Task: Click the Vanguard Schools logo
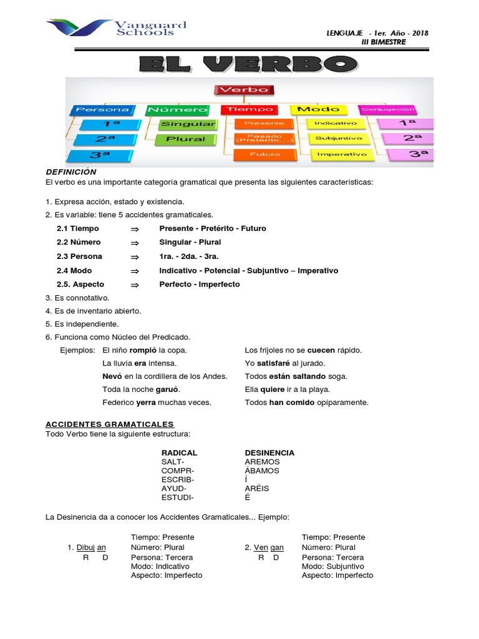(117, 29)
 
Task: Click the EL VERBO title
(248, 64)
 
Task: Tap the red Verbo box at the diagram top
(243, 89)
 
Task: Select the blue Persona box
(102, 110)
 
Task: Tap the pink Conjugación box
(397, 109)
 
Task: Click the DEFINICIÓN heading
(71, 172)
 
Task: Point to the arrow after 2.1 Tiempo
(134, 228)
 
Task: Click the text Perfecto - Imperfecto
(199, 285)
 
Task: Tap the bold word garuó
(167, 389)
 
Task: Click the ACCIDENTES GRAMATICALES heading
(110, 424)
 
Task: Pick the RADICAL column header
(179, 452)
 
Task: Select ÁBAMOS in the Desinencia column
(262, 471)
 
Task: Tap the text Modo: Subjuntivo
(333, 566)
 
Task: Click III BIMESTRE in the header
(384, 42)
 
